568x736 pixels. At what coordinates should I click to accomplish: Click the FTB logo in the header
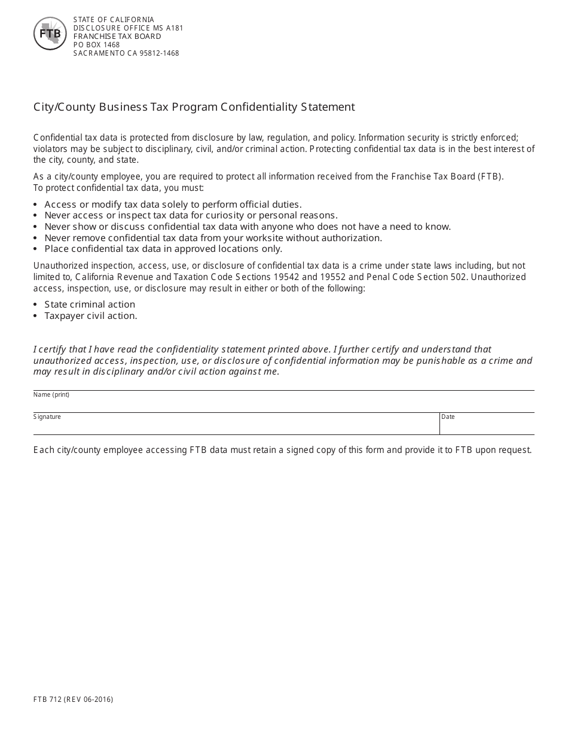pos(50,34)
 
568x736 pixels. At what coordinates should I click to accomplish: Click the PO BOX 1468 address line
pos(96,45)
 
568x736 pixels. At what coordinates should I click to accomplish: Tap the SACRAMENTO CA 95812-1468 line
pos(126,53)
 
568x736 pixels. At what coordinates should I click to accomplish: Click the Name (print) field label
pos(51,395)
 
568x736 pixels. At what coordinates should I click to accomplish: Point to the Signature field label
pos(47,417)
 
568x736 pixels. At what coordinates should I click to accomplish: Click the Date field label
pos(448,417)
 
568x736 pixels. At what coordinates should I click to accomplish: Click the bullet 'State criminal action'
pos(90,305)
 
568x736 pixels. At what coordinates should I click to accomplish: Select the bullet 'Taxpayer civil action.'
pos(91,316)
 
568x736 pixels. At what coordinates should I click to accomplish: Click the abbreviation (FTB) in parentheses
pos(490,177)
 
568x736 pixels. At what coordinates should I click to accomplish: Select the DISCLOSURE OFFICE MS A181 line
pos(128,28)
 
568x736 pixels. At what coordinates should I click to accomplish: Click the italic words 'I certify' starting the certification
pos(51,349)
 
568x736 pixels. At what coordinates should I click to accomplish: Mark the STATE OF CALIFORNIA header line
pos(114,20)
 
